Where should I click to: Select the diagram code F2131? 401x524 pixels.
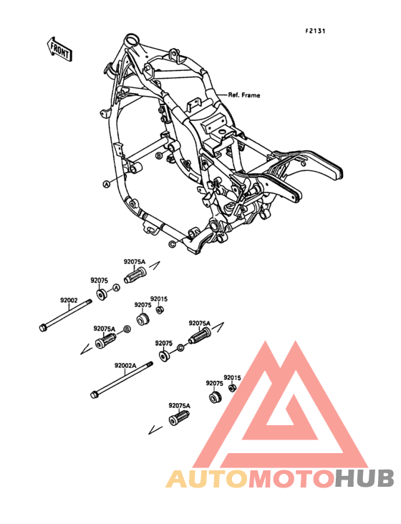pyautogui.click(x=316, y=31)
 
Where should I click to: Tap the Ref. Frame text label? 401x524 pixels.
pyautogui.click(x=243, y=94)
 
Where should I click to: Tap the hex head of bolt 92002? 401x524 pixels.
pyautogui.click(x=43, y=329)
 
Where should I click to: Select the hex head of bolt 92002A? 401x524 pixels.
pyautogui.click(x=94, y=393)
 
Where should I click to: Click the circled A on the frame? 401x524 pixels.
pyautogui.click(x=106, y=183)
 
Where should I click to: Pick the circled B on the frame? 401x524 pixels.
pyautogui.click(x=160, y=154)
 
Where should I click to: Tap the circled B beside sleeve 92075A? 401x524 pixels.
pyautogui.click(x=127, y=329)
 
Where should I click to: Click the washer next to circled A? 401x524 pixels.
pyautogui.click(x=101, y=294)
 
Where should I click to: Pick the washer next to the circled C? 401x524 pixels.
pyautogui.click(x=165, y=354)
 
